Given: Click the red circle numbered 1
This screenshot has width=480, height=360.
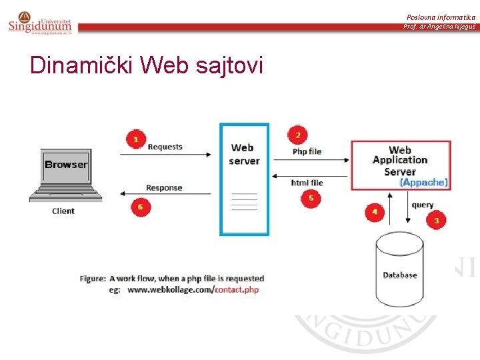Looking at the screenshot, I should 136,139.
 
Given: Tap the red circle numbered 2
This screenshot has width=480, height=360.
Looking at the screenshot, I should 297,135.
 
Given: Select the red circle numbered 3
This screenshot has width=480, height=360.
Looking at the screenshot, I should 436,219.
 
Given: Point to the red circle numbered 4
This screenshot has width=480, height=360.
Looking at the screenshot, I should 374,211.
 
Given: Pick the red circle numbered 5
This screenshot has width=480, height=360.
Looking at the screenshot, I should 310,198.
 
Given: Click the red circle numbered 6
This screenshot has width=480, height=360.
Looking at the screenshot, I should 139,207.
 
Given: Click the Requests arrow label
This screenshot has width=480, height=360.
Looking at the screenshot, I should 165,147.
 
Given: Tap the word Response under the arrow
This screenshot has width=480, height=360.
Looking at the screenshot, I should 164,188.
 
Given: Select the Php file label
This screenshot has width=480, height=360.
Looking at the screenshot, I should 307,151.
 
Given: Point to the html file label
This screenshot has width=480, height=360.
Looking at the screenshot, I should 307,183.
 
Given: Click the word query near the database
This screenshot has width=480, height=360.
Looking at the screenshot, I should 422,205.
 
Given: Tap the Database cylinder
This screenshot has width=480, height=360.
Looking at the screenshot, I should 400,270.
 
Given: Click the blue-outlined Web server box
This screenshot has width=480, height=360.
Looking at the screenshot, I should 245,179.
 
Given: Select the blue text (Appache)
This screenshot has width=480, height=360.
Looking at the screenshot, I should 423,182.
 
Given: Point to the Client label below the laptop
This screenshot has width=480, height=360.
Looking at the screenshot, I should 63,211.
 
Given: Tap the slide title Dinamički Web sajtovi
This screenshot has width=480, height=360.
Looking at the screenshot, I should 147,65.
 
